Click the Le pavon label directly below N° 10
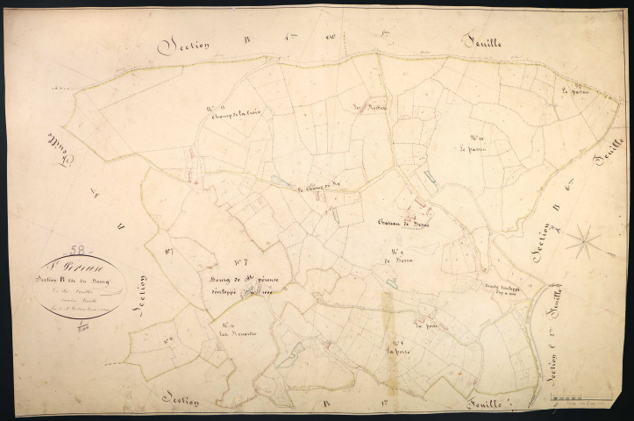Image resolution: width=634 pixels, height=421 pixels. pyautogui.click(x=472, y=148)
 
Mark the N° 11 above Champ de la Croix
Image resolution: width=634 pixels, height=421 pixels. pyautogui.click(x=217, y=109)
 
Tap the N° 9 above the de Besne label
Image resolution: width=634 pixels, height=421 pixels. pyautogui.click(x=404, y=248)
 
